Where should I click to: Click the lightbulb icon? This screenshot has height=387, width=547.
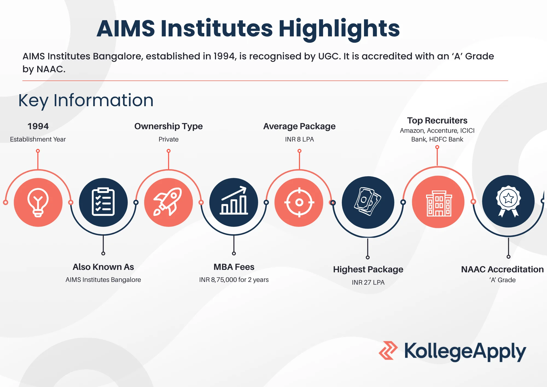click(38, 203)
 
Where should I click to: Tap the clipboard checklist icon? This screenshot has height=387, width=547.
click(103, 202)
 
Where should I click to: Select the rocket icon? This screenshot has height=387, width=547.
click(168, 202)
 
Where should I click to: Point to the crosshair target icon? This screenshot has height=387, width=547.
click(299, 203)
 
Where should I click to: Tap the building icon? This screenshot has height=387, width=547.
click(439, 203)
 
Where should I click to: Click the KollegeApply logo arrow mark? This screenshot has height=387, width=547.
click(388, 350)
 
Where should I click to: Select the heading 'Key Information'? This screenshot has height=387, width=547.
click(86, 100)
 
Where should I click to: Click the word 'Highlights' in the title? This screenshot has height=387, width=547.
click(339, 29)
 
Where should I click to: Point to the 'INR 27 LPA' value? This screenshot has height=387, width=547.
click(368, 282)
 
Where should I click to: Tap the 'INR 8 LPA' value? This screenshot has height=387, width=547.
click(299, 139)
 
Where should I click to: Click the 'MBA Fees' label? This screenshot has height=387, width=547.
click(234, 267)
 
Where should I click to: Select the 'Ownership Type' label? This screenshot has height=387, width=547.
click(168, 126)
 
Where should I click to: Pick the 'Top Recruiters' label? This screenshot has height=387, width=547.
click(437, 121)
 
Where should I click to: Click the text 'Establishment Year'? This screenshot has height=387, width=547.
click(38, 139)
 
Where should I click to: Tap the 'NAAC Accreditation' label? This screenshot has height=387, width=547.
click(502, 269)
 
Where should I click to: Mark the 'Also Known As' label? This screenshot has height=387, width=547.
click(103, 267)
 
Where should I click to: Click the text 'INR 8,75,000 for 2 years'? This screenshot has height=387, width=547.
click(234, 280)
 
